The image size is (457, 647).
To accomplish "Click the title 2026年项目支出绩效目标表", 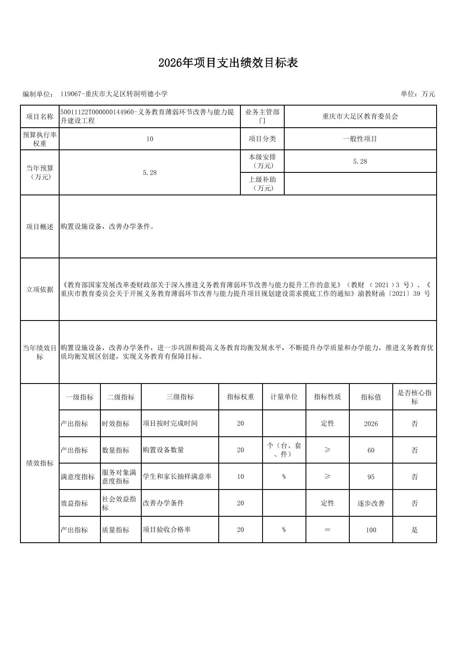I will click(x=228, y=63).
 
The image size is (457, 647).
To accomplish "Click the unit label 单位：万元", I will click(x=417, y=94).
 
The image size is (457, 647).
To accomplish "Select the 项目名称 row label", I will click(x=40, y=117).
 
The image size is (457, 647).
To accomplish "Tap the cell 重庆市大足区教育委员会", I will click(x=360, y=117).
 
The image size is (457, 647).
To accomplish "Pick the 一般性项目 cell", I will click(x=360, y=139).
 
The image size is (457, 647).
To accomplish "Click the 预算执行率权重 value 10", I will click(x=150, y=139).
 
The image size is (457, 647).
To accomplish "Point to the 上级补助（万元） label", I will click(x=263, y=184).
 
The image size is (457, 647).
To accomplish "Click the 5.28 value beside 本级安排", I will click(x=360, y=161).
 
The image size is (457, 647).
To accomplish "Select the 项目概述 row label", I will click(x=40, y=227).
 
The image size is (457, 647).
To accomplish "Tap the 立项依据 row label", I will click(x=40, y=289).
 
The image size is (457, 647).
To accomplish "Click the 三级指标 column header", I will click(x=180, y=397).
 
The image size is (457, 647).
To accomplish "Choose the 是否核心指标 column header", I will click(x=414, y=397).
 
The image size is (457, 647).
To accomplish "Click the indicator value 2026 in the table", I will click(x=371, y=424).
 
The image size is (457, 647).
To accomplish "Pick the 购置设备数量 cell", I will click(x=163, y=450).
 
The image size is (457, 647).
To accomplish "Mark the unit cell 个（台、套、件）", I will click(x=284, y=450).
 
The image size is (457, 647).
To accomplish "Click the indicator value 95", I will click(x=371, y=477).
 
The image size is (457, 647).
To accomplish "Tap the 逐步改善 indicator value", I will click(x=371, y=503).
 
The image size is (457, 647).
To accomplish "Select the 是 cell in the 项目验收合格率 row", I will click(x=414, y=530).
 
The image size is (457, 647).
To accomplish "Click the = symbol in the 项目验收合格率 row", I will click(x=327, y=530).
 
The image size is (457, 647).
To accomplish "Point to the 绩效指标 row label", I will click(x=40, y=463).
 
